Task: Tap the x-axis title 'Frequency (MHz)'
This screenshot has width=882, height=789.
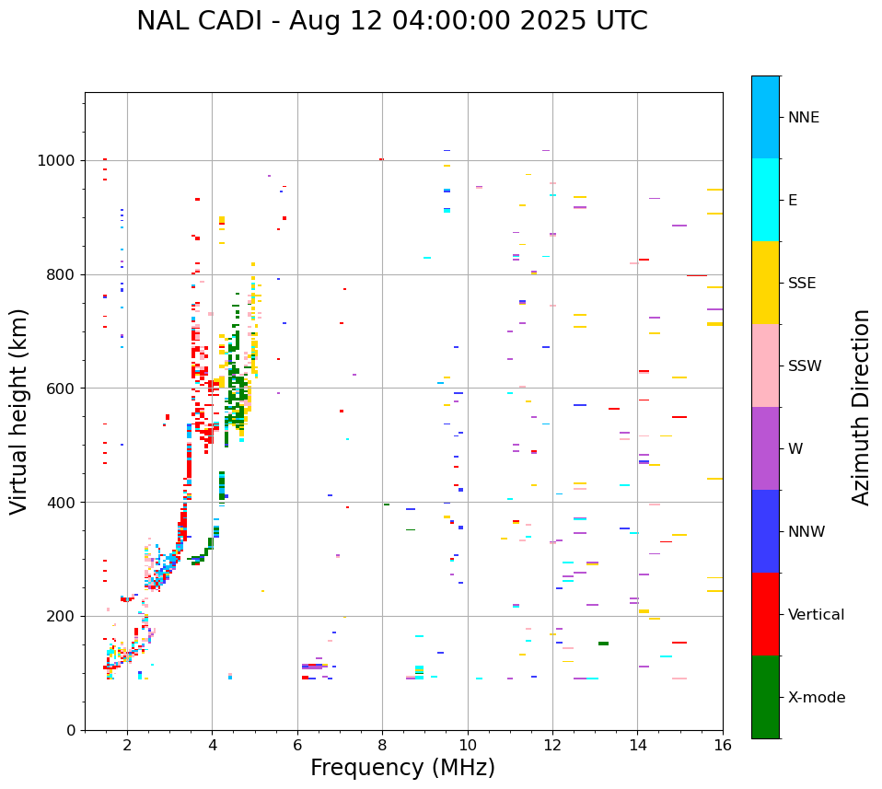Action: pyautogui.click(x=402, y=768)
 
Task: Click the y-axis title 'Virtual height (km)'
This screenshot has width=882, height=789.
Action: pyautogui.click(x=20, y=411)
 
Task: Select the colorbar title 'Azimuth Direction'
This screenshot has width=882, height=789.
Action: pyautogui.click(x=861, y=406)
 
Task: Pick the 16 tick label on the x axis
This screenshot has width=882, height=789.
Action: pyautogui.click(x=723, y=745)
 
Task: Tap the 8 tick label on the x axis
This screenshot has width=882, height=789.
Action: pyautogui.click(x=382, y=745)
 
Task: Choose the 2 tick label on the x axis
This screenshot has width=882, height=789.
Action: pyautogui.click(x=127, y=745)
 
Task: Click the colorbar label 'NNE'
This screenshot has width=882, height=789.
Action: pyautogui.click(x=804, y=118)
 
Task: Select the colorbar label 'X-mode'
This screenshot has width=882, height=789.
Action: pyautogui.click(x=817, y=698)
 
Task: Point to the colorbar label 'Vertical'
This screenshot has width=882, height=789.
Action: pyautogui.click(x=816, y=615)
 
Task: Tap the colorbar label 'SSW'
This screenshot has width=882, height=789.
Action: pyautogui.click(x=805, y=366)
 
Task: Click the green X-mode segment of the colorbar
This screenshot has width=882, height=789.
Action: pyautogui.click(x=765, y=697)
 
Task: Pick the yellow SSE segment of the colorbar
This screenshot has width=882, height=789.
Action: pyautogui.click(x=765, y=283)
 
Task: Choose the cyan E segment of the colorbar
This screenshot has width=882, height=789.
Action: pyautogui.click(x=765, y=200)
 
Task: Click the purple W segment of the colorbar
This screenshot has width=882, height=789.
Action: pyautogui.click(x=765, y=448)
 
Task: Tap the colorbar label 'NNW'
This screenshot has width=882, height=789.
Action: pyautogui.click(x=807, y=532)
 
